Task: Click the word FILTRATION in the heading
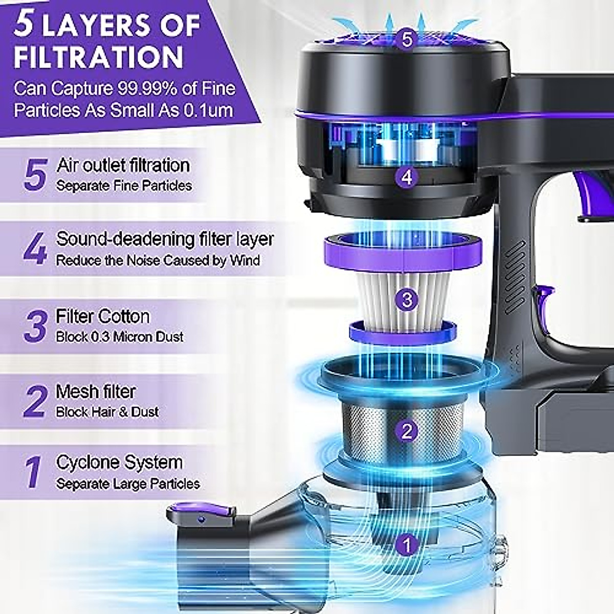tap(98, 56)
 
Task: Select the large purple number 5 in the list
tap(36, 174)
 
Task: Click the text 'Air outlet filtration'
tap(123, 165)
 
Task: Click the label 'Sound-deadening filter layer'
tap(165, 239)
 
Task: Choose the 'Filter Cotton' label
tap(103, 316)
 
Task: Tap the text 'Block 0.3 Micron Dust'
tap(120, 337)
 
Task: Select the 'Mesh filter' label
tap(96, 391)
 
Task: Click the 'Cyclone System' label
tap(119, 463)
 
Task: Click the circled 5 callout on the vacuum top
tap(407, 39)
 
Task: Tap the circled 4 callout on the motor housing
tap(406, 178)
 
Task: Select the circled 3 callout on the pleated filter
tap(407, 299)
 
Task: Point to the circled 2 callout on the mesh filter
tap(407, 431)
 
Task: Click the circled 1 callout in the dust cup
tap(407, 546)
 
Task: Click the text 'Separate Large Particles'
tap(128, 484)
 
